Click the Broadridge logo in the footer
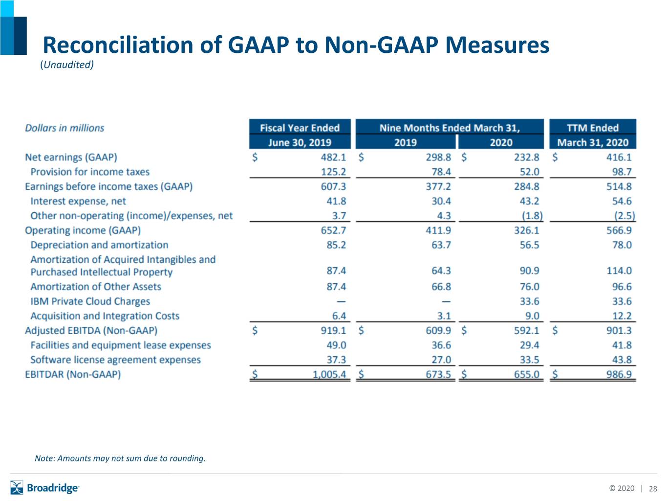(x=44, y=488)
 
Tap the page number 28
(x=653, y=489)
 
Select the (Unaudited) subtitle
(x=67, y=65)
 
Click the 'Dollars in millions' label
(x=65, y=128)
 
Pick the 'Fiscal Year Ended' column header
(x=300, y=128)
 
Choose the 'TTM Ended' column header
(x=592, y=128)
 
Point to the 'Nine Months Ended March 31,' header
(x=450, y=128)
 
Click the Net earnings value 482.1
(x=333, y=157)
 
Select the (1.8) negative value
(x=532, y=216)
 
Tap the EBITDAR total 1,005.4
(x=329, y=374)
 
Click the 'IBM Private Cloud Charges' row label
(x=90, y=301)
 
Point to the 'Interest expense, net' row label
(x=78, y=201)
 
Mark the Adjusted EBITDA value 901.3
(x=619, y=330)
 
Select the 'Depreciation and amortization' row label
(x=99, y=245)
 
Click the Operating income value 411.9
(x=438, y=230)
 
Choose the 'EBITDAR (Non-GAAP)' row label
(x=73, y=374)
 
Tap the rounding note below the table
(x=120, y=458)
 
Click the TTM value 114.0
(x=619, y=271)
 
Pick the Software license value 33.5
(x=529, y=360)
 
